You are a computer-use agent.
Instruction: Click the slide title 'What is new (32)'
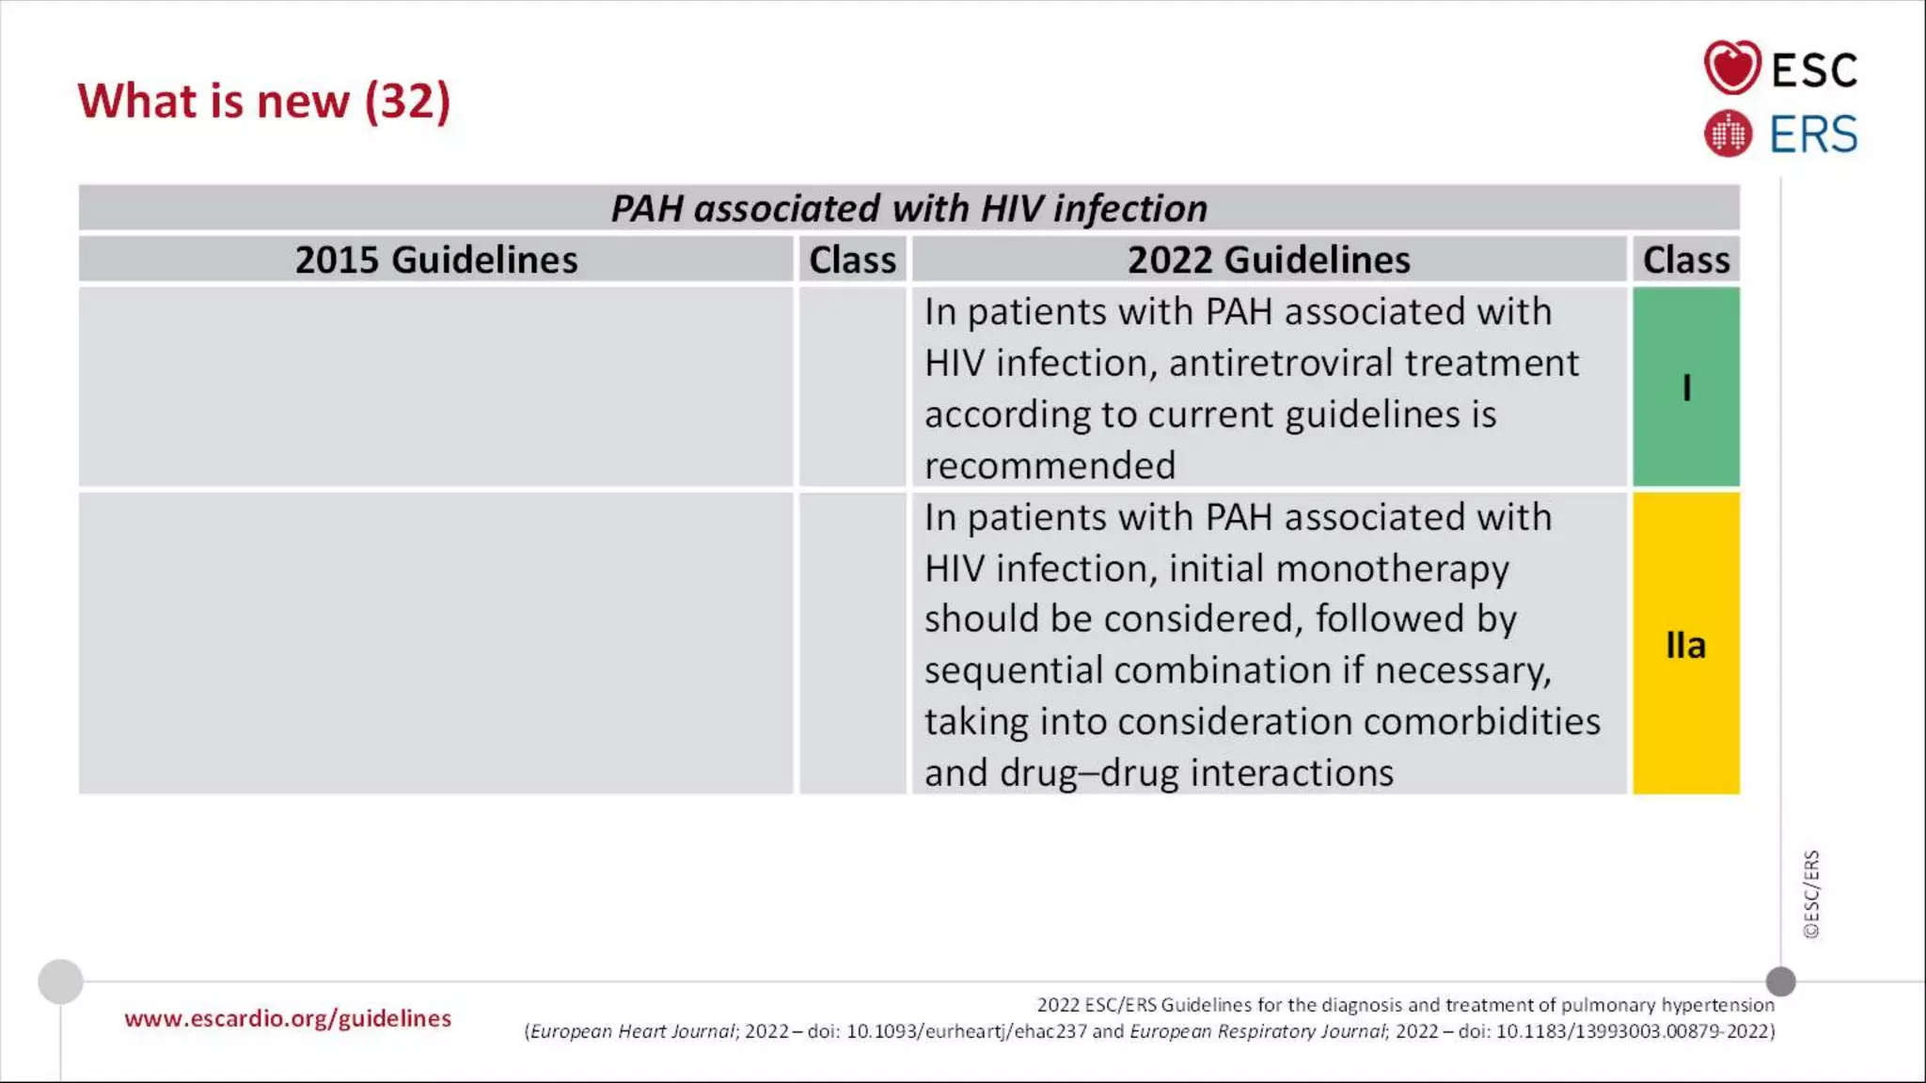(x=264, y=101)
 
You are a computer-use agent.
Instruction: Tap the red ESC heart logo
(x=1731, y=68)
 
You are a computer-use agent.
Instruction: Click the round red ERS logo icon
(x=1728, y=133)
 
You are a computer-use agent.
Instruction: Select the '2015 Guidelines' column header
(x=435, y=259)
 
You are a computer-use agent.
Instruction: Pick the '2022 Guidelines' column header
(x=1268, y=259)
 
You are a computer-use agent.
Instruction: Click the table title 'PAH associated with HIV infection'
(x=908, y=208)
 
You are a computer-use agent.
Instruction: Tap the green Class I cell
(x=1685, y=386)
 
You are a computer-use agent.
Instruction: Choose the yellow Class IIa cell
(x=1685, y=644)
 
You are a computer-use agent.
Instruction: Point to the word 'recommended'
(x=1050, y=465)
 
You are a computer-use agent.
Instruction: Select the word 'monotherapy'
(x=1392, y=569)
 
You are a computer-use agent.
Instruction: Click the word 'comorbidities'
(x=1481, y=722)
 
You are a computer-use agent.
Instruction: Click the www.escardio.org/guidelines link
(x=288, y=1018)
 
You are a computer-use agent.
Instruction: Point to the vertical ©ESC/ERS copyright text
(x=1811, y=894)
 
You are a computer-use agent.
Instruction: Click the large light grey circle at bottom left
(x=60, y=981)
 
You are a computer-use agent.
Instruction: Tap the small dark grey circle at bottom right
(x=1780, y=981)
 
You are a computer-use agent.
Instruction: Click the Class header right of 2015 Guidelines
(x=852, y=259)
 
